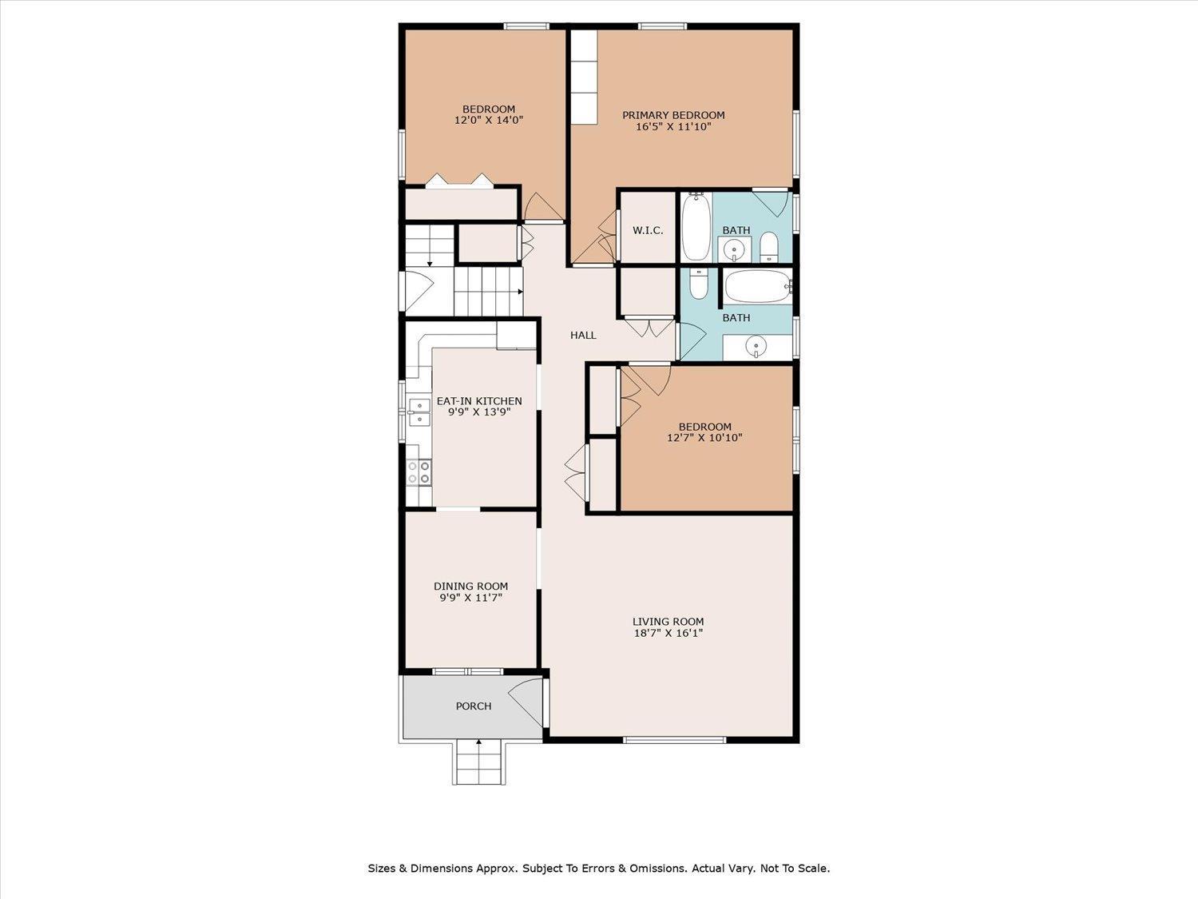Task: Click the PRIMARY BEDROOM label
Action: tap(673, 115)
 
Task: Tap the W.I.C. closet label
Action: tap(648, 230)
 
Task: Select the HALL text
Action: tap(583, 335)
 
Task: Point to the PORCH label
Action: tap(474, 706)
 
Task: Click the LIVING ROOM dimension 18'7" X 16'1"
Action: tap(668, 633)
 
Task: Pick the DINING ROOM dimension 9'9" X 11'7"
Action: tap(470, 597)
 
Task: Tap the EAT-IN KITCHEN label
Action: tap(479, 400)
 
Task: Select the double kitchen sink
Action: tap(419, 412)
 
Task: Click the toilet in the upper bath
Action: tap(768, 247)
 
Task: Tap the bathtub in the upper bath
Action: tap(696, 227)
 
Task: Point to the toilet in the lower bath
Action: tap(698, 284)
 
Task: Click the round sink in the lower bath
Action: tap(756, 345)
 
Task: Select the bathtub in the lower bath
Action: tap(758, 287)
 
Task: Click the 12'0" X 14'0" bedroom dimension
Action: tap(489, 120)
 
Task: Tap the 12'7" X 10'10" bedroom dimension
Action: tap(704, 437)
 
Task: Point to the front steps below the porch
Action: tap(478, 762)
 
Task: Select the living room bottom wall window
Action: tap(675, 740)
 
